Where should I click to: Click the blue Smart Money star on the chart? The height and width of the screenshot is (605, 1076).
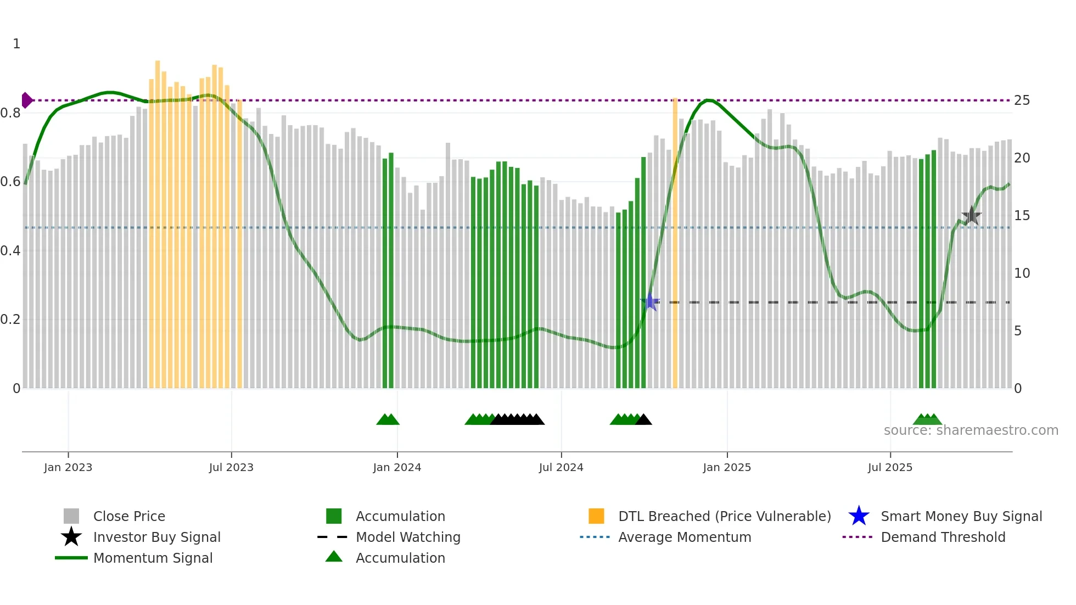point(650,302)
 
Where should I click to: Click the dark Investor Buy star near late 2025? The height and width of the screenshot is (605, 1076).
point(971,216)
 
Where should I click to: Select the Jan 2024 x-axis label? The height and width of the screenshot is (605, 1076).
point(397,468)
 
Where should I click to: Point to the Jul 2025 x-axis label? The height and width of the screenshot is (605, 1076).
point(890,468)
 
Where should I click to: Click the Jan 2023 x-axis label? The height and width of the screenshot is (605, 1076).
point(68,468)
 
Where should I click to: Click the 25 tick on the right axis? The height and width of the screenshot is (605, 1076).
point(1022,100)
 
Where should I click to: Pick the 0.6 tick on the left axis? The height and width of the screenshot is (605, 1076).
point(11,182)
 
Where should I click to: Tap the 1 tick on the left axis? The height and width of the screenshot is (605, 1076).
point(16,44)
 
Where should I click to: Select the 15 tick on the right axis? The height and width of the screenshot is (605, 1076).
point(1022,216)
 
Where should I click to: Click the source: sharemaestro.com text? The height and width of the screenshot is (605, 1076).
point(971,430)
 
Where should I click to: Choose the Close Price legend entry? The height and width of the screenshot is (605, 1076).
point(129,517)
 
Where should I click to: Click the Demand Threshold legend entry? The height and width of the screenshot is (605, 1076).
point(943,537)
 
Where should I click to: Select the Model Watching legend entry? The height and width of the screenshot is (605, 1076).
point(408,537)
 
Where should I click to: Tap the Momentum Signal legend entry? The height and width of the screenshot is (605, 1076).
point(153,558)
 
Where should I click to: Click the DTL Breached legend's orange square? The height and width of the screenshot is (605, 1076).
point(596,517)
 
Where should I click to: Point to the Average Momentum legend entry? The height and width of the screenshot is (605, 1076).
point(685,537)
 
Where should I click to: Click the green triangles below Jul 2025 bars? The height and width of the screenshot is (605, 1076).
point(927,420)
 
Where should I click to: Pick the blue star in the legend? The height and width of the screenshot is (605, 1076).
point(859,517)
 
